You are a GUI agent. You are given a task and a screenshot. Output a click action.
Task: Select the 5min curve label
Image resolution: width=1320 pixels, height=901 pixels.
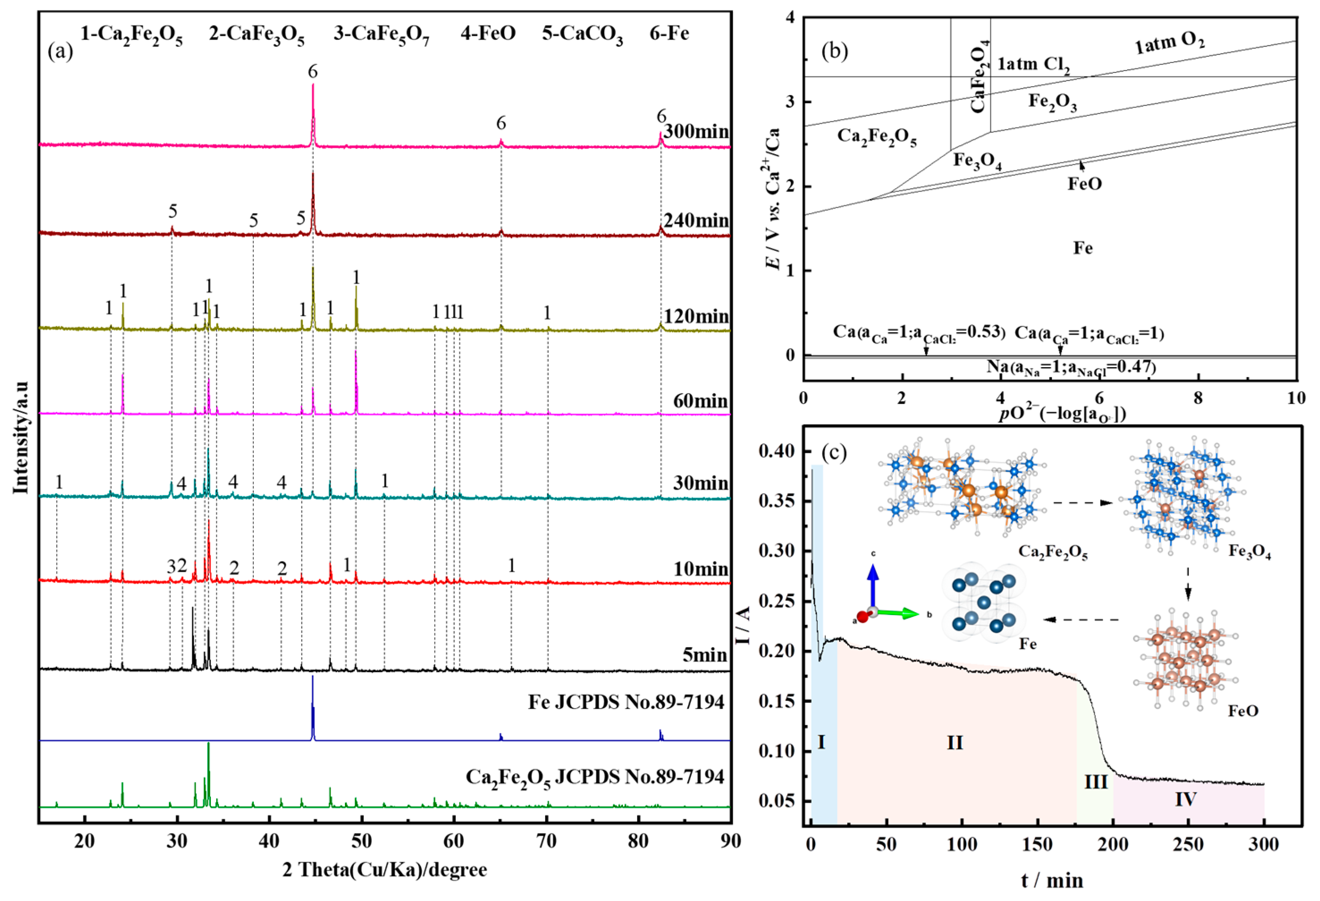pyautogui.click(x=705, y=655)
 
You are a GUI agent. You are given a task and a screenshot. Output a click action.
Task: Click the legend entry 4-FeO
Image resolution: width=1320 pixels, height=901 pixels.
pyautogui.click(x=488, y=33)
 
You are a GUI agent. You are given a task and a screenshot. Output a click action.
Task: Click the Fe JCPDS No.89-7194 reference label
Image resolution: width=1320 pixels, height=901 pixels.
pyautogui.click(x=626, y=702)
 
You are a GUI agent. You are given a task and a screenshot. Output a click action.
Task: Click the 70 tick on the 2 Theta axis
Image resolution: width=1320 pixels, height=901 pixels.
pyautogui.click(x=546, y=841)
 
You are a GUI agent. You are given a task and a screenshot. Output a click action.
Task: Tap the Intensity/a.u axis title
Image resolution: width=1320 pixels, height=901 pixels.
pyautogui.click(x=21, y=437)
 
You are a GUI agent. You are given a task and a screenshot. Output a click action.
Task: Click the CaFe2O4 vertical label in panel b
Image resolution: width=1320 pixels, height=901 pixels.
pyautogui.click(x=979, y=77)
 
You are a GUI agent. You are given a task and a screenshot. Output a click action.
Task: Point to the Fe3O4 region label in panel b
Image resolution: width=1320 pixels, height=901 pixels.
pyautogui.click(x=977, y=161)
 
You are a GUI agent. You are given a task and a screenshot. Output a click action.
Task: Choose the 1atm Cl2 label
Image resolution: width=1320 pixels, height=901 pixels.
pyautogui.click(x=1034, y=65)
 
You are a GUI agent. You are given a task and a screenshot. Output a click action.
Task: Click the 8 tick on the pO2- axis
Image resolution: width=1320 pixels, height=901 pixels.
pyautogui.click(x=1198, y=398)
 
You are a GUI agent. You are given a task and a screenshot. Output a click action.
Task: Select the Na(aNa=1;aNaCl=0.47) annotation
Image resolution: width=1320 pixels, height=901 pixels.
pyautogui.click(x=1071, y=367)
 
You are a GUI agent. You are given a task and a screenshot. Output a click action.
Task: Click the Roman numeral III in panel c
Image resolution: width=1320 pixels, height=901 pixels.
pyautogui.click(x=1096, y=782)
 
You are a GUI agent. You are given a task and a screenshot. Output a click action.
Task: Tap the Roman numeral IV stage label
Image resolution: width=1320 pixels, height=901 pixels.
pyautogui.click(x=1186, y=799)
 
